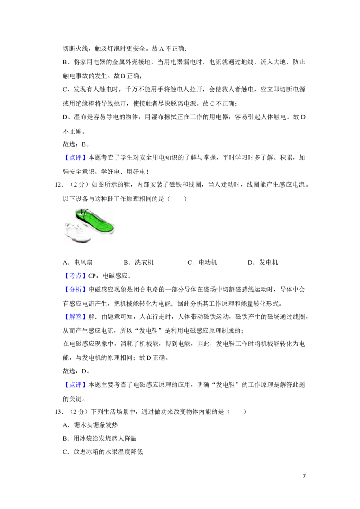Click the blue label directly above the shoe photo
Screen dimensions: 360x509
(75, 157)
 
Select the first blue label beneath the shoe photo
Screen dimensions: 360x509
(75, 275)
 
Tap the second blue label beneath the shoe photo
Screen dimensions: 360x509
(75, 290)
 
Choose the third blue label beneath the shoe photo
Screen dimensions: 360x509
(75, 317)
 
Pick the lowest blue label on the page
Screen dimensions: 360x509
(75, 385)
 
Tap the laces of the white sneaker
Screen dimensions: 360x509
(77, 228)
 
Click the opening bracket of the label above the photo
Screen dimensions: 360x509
(67, 157)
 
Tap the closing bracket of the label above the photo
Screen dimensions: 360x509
(84, 157)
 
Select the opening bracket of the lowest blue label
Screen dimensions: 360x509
(67, 385)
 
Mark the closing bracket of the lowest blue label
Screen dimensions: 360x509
(84, 385)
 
